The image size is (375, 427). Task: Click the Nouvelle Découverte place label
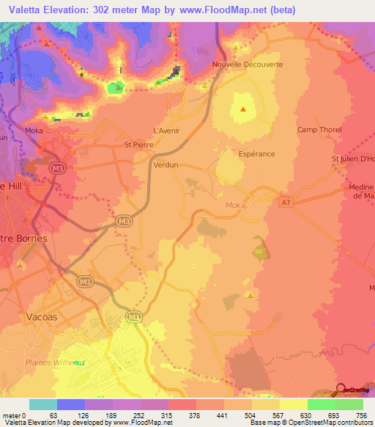click(x=247, y=64)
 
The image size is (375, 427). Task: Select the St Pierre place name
click(x=137, y=145)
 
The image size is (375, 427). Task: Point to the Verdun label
click(x=166, y=166)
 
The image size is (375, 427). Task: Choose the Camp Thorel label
click(x=319, y=130)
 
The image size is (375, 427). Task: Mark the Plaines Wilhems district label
click(x=55, y=362)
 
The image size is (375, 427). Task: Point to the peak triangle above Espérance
click(x=242, y=110)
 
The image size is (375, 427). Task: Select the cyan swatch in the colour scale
click(x=42, y=404)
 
